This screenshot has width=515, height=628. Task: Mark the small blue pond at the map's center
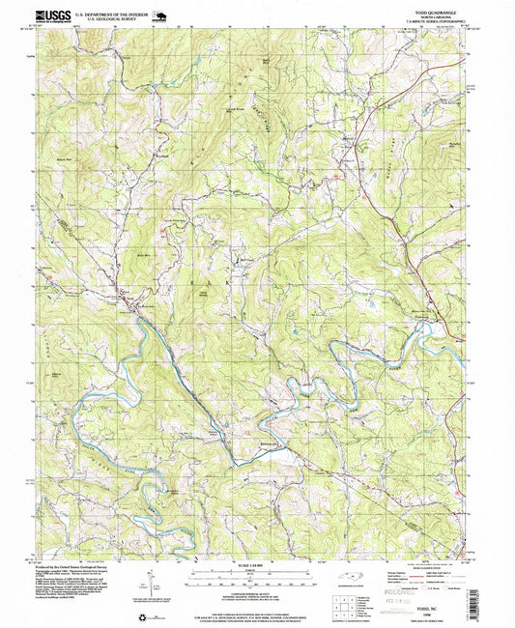click(x=292, y=335)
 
